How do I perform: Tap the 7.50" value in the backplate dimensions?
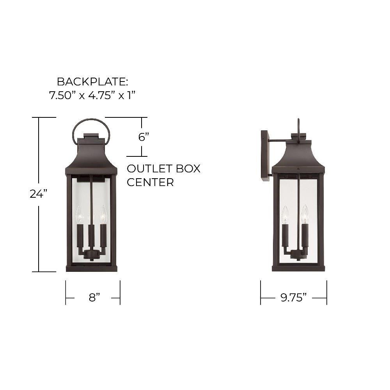(x=60, y=95)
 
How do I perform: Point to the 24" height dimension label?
(x=38, y=194)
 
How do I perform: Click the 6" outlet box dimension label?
(x=144, y=136)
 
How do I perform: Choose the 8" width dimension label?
(x=94, y=297)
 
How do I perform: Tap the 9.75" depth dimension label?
(x=294, y=297)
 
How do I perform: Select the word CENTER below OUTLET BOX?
(x=150, y=182)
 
